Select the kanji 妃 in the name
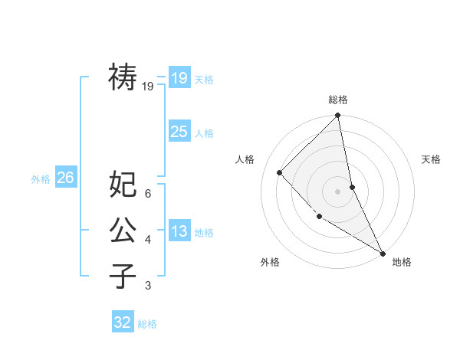(123, 184)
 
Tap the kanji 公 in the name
(123, 230)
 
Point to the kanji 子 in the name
(123, 276)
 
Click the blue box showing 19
(179, 78)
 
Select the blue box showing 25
(179, 132)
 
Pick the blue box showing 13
(179, 231)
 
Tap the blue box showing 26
(65, 178)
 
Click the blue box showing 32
(123, 322)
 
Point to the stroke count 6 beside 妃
(148, 193)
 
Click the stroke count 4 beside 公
(148, 240)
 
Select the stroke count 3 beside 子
(148, 286)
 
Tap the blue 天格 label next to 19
(204, 80)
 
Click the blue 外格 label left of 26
(41, 179)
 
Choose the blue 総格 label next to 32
(147, 324)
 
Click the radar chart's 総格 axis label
(338, 100)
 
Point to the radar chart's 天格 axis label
(432, 159)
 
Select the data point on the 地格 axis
(383, 253)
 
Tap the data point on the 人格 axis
(280, 172)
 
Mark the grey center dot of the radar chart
(337, 191)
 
